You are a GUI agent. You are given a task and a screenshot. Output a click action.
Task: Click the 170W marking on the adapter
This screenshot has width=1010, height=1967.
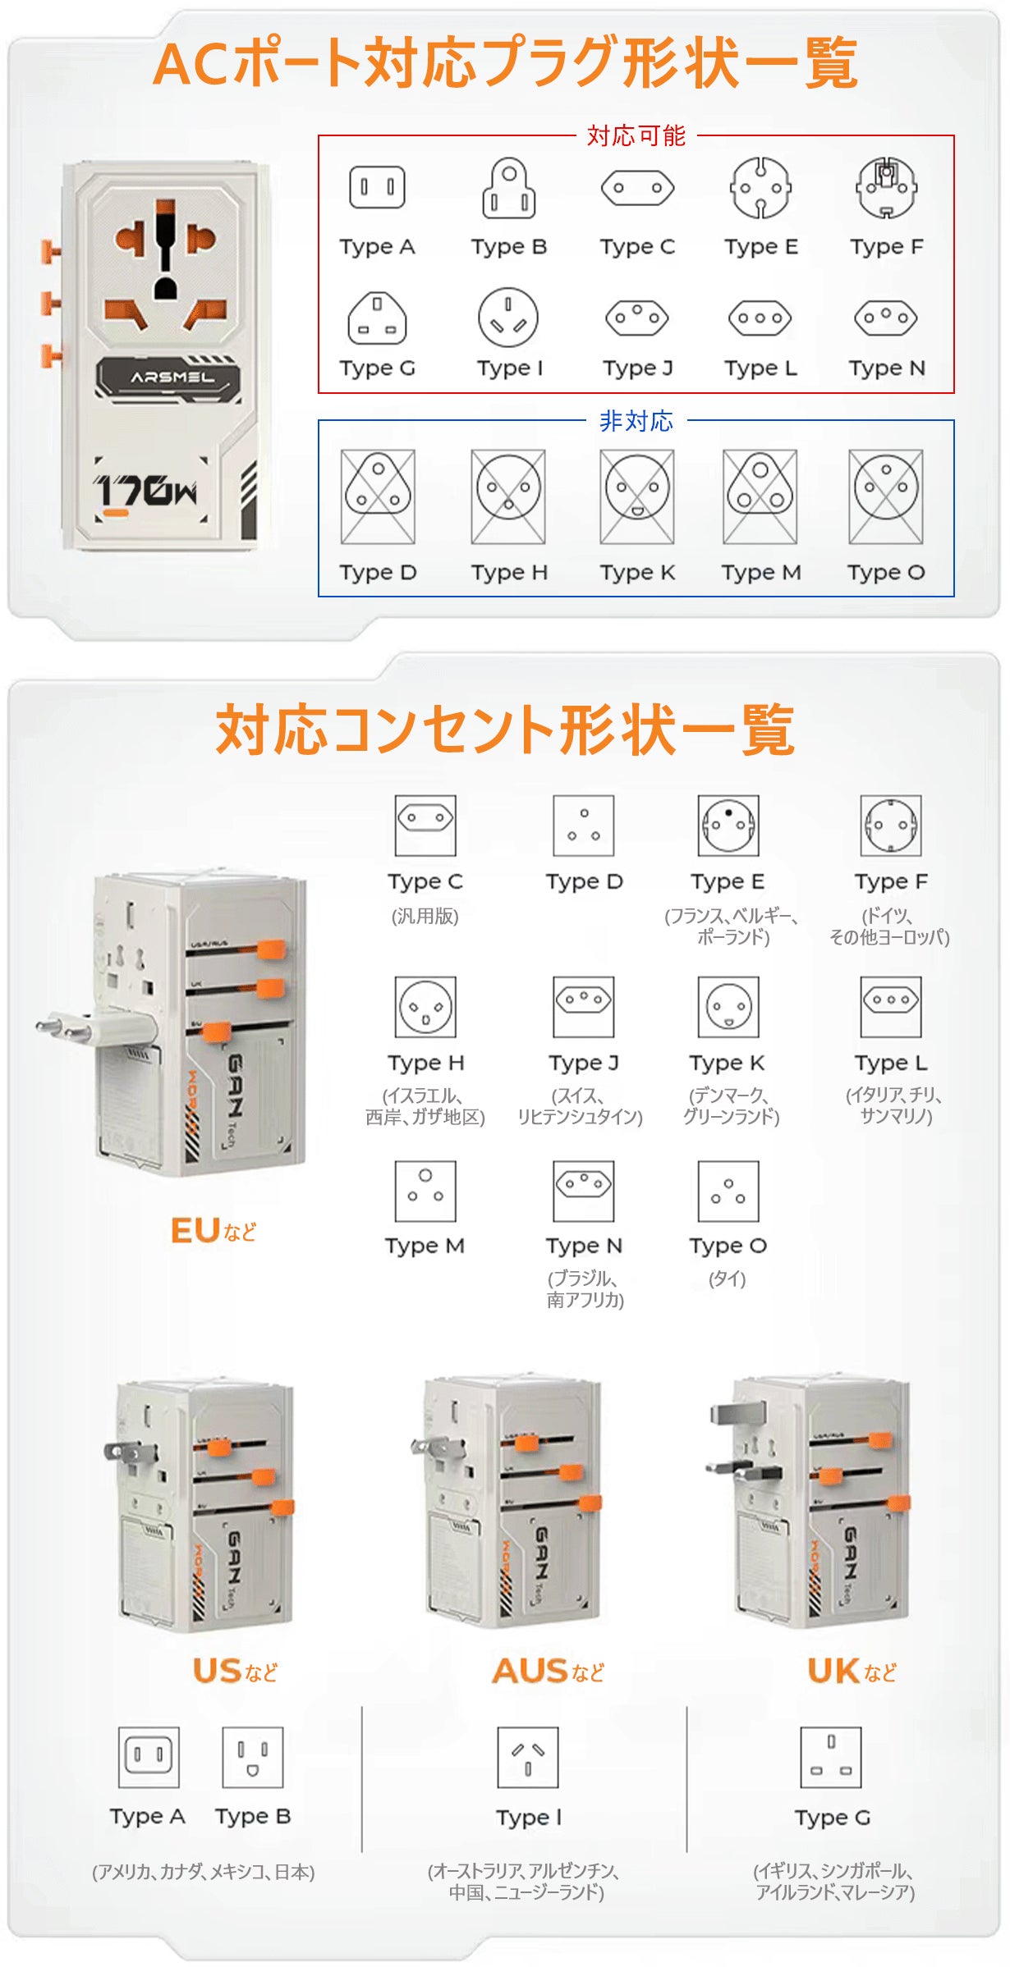pyautogui.click(x=146, y=491)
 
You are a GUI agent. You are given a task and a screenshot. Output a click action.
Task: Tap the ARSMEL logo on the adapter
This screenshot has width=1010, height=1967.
pyautogui.click(x=172, y=377)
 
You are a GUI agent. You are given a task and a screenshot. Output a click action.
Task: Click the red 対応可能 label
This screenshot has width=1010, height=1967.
pyautogui.click(x=636, y=135)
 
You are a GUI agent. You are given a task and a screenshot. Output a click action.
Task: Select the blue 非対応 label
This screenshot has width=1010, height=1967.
pyautogui.click(x=636, y=421)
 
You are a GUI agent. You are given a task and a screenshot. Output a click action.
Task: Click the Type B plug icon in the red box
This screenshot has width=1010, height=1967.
pyautogui.click(x=509, y=188)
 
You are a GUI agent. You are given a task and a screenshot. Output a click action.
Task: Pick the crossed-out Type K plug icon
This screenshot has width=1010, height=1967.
pyautogui.click(x=637, y=496)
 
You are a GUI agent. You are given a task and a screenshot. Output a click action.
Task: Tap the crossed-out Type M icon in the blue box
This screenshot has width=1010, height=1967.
pyautogui.click(x=760, y=496)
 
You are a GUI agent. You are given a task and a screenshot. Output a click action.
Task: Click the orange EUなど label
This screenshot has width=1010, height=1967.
pyautogui.click(x=213, y=1230)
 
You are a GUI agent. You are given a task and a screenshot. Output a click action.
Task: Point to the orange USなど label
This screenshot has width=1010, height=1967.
pyautogui.click(x=236, y=1671)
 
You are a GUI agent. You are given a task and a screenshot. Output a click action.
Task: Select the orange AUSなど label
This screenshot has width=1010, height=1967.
pyautogui.click(x=549, y=1671)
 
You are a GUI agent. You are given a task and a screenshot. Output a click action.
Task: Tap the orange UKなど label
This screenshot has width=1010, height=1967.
pyautogui.click(x=852, y=1671)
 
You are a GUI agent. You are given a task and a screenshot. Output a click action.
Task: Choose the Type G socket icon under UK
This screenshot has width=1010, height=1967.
pyautogui.click(x=832, y=1757)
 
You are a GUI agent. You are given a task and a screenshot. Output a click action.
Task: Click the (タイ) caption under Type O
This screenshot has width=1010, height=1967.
pyautogui.click(x=728, y=1279)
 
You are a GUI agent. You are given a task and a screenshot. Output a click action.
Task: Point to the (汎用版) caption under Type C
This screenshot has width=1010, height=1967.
pyautogui.click(x=425, y=916)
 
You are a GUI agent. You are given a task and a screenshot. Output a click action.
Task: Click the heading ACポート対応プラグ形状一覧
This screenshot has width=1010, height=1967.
pyautogui.click(x=506, y=63)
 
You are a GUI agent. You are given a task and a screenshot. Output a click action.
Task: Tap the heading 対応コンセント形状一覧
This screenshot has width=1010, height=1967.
pyautogui.click(x=505, y=730)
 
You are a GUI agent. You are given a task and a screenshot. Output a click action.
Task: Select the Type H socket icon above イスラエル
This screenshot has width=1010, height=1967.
pyautogui.click(x=425, y=1007)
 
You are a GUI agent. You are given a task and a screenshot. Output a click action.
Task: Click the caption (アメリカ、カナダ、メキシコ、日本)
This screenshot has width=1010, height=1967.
pyautogui.click(x=204, y=1872)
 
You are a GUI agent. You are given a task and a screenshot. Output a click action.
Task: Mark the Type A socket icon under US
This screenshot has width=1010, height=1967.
pyautogui.click(x=149, y=1757)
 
